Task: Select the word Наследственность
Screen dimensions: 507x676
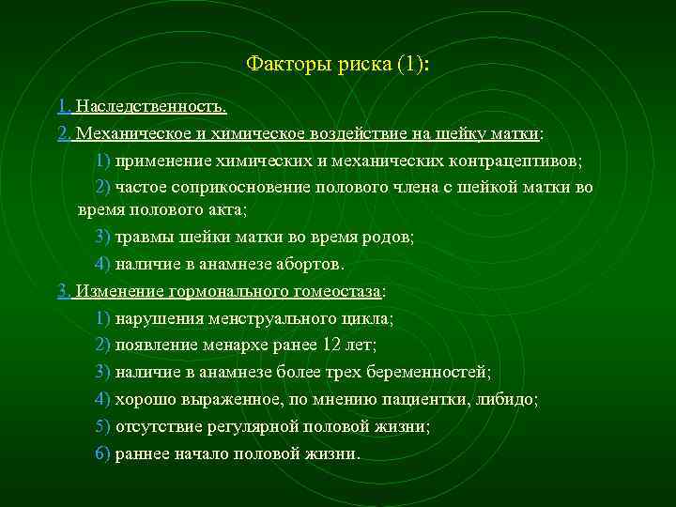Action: coord(151,107)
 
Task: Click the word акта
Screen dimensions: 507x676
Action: coord(224,209)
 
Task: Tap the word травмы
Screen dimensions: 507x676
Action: coord(139,236)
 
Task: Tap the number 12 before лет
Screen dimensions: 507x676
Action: coord(333,346)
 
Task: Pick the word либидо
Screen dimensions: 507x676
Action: coord(508,400)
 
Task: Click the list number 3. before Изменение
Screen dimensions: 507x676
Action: coord(63,291)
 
